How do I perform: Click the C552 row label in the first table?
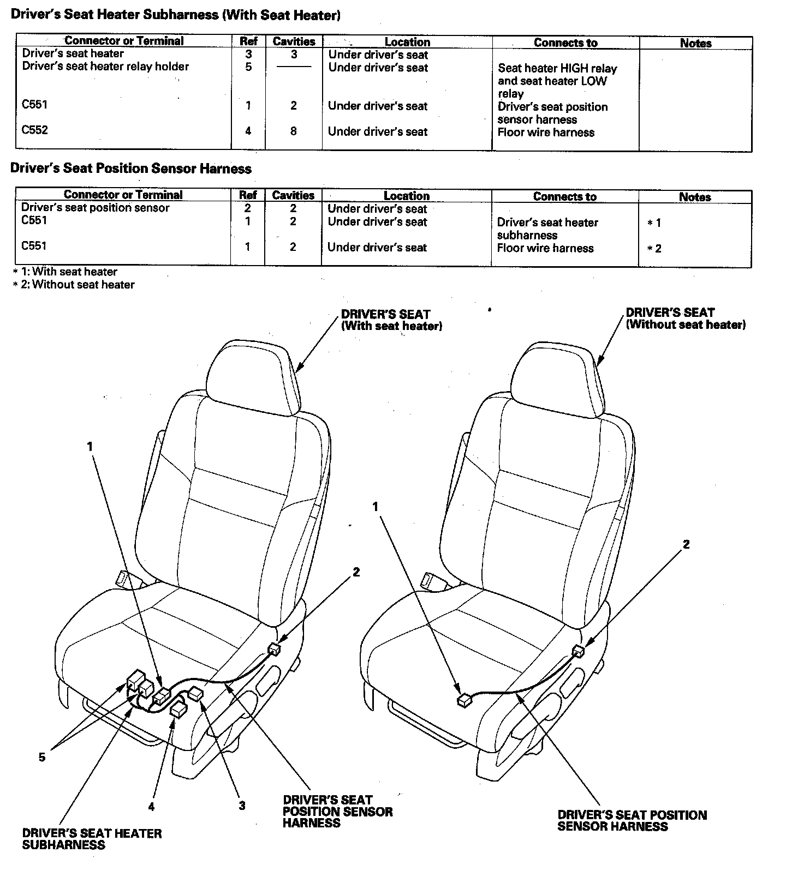click(x=34, y=130)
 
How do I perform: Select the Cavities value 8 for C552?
click(x=293, y=131)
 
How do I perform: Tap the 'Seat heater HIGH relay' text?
click(x=557, y=69)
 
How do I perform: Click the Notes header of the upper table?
click(x=695, y=43)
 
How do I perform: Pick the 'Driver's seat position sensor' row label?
click(x=95, y=208)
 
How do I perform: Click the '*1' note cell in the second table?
click(x=654, y=223)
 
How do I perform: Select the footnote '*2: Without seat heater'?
click(x=74, y=284)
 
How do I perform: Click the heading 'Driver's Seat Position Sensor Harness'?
click(x=131, y=169)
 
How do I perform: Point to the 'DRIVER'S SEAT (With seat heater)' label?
click(x=391, y=320)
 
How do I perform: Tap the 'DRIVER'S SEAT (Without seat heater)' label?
click(x=685, y=319)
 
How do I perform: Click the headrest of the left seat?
click(x=254, y=373)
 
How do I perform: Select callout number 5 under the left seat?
click(x=42, y=757)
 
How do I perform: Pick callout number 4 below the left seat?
click(x=151, y=807)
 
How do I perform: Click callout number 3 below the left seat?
click(x=242, y=806)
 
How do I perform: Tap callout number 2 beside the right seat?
click(x=686, y=544)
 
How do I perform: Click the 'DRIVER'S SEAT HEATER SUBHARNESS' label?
click(x=92, y=839)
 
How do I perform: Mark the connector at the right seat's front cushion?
click(x=464, y=701)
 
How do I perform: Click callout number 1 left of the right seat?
click(x=376, y=507)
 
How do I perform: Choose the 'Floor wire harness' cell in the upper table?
click(x=546, y=132)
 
